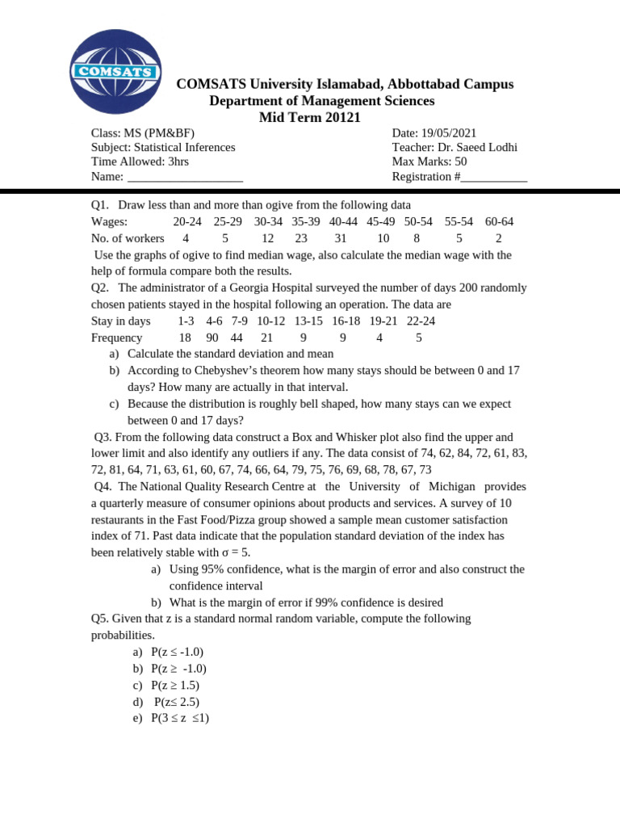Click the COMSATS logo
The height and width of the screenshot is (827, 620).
(x=115, y=71)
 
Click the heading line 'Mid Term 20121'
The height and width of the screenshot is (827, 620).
(x=309, y=118)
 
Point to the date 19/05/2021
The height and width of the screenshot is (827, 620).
(x=447, y=133)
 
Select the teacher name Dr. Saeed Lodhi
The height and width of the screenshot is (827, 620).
(x=480, y=147)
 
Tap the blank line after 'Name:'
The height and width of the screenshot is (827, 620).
(x=185, y=177)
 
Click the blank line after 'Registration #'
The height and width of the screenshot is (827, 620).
(x=494, y=177)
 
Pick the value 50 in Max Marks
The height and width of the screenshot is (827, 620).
(x=460, y=162)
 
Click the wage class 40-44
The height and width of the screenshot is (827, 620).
(x=343, y=221)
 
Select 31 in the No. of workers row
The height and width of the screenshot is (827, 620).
(x=340, y=238)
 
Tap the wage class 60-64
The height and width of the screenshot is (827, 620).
(x=499, y=221)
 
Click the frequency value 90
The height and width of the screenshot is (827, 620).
(x=212, y=338)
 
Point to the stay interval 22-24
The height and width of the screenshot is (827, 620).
(x=421, y=321)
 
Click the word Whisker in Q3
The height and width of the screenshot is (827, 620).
(x=363, y=437)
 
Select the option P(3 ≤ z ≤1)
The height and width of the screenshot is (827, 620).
(x=180, y=718)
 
